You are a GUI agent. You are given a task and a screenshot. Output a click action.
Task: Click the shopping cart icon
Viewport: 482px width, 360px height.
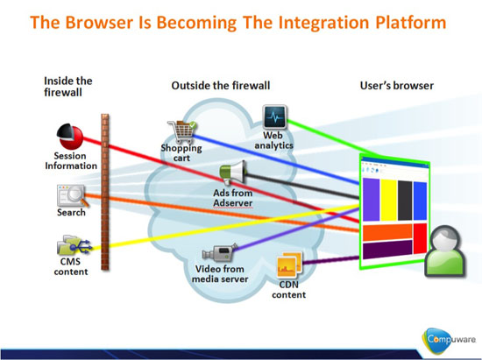pos(182,132)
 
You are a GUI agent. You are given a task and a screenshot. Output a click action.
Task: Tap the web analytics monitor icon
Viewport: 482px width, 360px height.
pos(275,117)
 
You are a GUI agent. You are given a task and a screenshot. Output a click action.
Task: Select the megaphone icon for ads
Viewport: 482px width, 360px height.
pos(233,173)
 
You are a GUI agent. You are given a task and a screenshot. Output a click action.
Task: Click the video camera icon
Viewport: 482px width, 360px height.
pos(220,252)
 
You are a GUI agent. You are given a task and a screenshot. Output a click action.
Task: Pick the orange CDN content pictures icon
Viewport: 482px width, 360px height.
pos(289,265)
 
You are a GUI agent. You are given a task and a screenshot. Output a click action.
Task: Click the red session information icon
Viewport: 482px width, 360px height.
pos(70,137)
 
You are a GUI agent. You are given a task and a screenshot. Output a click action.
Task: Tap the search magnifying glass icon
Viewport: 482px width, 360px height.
pos(73,196)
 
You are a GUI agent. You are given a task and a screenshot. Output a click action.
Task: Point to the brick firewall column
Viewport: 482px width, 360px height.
pos(105,192)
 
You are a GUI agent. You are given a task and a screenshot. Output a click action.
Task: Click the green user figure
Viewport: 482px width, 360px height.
pos(445,251)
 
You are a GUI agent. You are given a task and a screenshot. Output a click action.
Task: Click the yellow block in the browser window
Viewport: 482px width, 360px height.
pos(388,200)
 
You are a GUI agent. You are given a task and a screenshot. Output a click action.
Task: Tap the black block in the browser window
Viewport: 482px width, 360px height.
pos(405,201)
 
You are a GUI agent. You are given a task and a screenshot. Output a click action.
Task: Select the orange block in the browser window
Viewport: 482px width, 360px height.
pos(387,232)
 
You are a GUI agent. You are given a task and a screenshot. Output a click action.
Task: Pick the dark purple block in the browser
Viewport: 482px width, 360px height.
pos(387,250)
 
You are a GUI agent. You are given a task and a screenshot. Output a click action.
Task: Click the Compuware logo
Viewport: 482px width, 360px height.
pos(449,341)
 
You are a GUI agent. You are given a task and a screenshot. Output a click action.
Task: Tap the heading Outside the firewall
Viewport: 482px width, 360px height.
pos(221,85)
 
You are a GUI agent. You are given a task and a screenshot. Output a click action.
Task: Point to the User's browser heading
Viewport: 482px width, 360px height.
pos(396,85)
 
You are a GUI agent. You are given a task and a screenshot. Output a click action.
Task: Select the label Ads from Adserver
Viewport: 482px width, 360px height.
pos(233,198)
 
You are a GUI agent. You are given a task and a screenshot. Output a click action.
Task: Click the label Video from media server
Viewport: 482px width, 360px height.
pos(220,274)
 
